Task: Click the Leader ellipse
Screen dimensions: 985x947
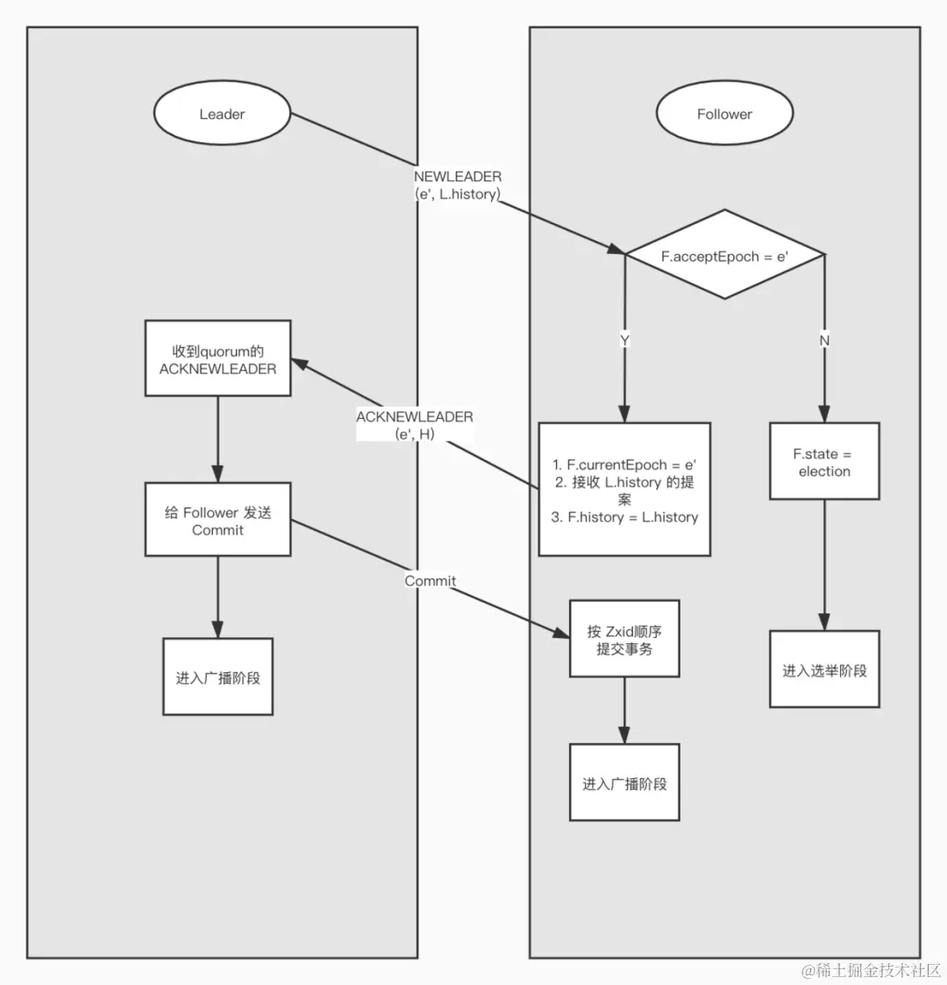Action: (222, 114)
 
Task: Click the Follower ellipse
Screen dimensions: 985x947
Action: (724, 114)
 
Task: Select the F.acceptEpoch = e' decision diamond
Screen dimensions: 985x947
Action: (724, 257)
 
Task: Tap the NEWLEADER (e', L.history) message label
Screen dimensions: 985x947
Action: (458, 186)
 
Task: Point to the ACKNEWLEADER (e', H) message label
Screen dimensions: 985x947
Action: (415, 425)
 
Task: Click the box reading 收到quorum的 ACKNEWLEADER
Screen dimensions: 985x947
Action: (217, 359)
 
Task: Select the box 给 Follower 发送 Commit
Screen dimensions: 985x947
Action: (217, 520)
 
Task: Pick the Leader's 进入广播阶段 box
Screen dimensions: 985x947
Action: (217, 677)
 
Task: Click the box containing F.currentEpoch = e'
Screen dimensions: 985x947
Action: (624, 490)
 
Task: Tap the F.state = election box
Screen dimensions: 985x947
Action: (824, 462)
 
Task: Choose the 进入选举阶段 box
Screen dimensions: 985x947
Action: (824, 670)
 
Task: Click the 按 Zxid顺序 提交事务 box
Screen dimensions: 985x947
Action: (624, 640)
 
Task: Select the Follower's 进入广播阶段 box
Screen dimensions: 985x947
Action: (624, 783)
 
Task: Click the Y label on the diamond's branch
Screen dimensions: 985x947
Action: (625, 340)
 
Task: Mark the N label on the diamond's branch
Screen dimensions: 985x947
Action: (824, 340)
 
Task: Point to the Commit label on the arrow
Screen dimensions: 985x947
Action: (430, 581)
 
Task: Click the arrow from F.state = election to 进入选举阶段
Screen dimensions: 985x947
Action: (824, 565)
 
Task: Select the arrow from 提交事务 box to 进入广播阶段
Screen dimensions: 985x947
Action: (624, 711)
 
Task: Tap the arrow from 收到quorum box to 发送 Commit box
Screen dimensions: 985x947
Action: (217, 439)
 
